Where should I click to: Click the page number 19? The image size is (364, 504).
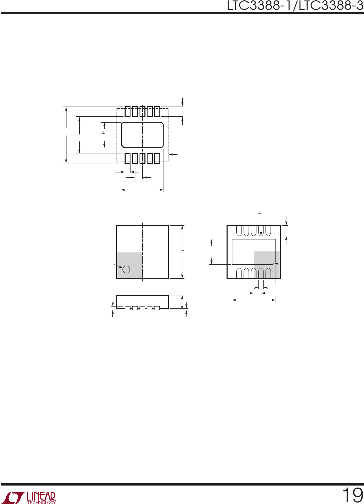point(352,495)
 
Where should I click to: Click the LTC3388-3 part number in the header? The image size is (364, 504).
point(331,6)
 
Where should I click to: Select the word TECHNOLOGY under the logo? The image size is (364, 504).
point(41,502)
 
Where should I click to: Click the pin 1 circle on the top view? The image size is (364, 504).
point(126,269)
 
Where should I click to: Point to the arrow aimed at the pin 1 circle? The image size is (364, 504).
point(118,265)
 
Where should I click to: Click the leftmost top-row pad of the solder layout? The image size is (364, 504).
point(127,111)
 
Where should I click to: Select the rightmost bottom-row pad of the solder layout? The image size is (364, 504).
point(157,158)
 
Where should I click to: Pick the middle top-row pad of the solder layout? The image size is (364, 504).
point(142,111)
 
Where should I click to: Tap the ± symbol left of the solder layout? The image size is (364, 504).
point(103,132)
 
